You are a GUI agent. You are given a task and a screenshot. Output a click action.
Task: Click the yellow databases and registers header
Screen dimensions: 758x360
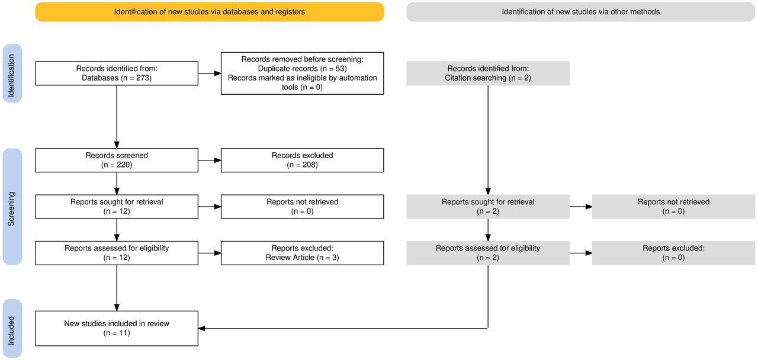(x=210, y=12)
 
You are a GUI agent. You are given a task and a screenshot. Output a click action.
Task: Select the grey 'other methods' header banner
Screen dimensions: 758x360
(x=581, y=12)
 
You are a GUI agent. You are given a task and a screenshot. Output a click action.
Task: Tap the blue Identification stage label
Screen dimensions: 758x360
(x=12, y=73)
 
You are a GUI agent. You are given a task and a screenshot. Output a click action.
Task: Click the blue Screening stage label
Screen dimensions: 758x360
(x=12, y=207)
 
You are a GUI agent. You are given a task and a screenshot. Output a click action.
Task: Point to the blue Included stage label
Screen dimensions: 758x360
(x=12, y=329)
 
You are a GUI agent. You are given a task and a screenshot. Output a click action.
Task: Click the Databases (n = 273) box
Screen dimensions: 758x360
(x=117, y=73)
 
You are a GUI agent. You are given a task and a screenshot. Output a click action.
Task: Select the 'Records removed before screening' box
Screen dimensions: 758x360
(x=302, y=73)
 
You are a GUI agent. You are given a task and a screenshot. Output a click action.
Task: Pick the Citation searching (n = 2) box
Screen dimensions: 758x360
(x=488, y=73)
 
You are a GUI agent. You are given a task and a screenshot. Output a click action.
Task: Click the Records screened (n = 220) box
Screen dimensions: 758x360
(x=117, y=160)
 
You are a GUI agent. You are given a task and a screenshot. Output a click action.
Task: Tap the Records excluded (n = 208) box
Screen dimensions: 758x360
(x=302, y=160)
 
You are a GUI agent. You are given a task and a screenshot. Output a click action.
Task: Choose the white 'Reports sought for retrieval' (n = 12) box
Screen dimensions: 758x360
(x=117, y=207)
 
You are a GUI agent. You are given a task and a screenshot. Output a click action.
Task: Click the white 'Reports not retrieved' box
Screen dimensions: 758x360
(x=302, y=207)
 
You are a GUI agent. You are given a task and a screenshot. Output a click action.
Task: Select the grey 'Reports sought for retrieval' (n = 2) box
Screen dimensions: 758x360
(x=488, y=207)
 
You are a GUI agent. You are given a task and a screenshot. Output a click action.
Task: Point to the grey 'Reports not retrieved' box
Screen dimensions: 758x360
(x=673, y=207)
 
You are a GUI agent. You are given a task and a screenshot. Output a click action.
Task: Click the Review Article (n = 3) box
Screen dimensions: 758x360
(x=302, y=253)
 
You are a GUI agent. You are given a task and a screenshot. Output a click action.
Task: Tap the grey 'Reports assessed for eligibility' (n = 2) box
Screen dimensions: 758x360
(x=488, y=253)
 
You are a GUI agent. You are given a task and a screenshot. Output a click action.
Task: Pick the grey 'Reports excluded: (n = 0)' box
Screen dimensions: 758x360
(x=673, y=253)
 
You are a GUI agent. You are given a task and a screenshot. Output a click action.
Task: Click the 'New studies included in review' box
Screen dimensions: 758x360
(x=117, y=329)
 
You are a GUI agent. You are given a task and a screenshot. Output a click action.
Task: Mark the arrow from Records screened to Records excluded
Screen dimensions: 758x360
(x=210, y=160)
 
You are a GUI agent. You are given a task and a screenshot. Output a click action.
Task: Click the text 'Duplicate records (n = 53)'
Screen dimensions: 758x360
(x=302, y=69)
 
